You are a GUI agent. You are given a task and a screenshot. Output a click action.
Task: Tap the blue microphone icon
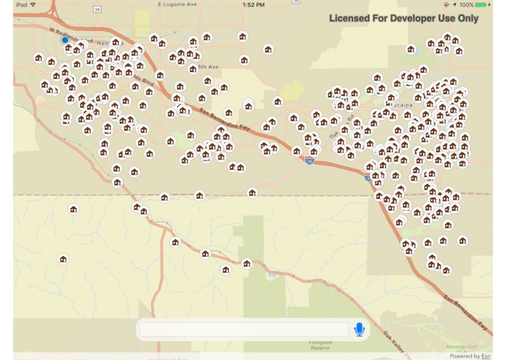[359, 330]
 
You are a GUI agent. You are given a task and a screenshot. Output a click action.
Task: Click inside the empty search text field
[244, 330]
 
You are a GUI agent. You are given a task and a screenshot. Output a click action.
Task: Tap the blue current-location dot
[65, 40]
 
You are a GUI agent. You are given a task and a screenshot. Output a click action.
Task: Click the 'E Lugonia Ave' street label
[178, 5]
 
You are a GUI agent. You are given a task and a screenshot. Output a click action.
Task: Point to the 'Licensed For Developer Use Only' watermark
[403, 18]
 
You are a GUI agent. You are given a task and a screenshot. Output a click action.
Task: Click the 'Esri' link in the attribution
[486, 356]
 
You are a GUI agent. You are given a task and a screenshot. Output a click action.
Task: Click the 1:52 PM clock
[253, 5]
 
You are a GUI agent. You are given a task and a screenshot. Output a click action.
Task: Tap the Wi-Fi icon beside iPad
[33, 5]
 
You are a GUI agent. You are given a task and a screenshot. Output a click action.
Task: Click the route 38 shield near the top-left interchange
[97, 9]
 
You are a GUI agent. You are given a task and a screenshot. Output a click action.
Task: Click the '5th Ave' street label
[208, 66]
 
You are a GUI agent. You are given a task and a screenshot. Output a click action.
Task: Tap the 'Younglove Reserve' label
[320, 345]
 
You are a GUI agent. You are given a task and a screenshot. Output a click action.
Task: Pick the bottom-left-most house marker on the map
[63, 259]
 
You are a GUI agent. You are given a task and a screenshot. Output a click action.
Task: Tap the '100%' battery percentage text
[467, 5]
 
